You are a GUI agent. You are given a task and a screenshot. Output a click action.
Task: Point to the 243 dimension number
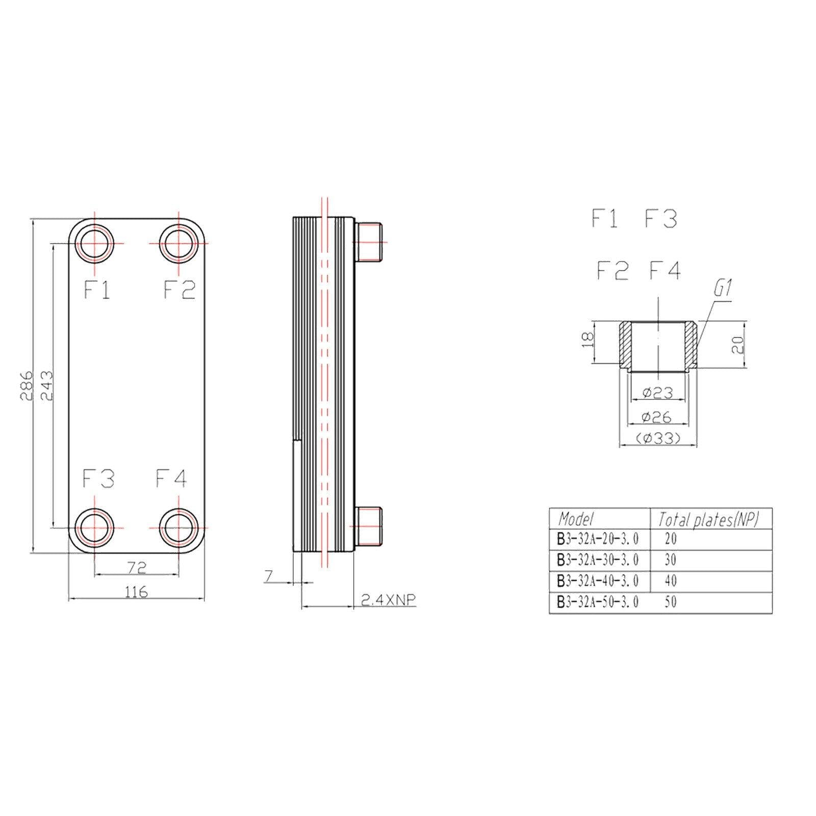[46, 385]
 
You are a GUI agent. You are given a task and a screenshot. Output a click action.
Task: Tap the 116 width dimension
[136, 592]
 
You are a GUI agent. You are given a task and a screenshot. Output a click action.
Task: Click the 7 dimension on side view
[269, 576]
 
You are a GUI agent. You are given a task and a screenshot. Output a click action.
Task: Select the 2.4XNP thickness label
[388, 600]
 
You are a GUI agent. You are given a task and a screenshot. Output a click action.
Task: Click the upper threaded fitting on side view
[368, 242]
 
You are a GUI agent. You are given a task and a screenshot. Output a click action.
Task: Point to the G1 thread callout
[723, 290]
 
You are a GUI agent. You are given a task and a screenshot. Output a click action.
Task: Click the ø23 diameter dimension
[657, 392]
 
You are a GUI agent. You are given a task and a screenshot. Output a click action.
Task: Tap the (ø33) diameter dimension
[658, 438]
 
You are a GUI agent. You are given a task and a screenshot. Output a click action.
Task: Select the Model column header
[576, 519]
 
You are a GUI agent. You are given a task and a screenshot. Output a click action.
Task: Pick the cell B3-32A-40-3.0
[598, 581]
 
